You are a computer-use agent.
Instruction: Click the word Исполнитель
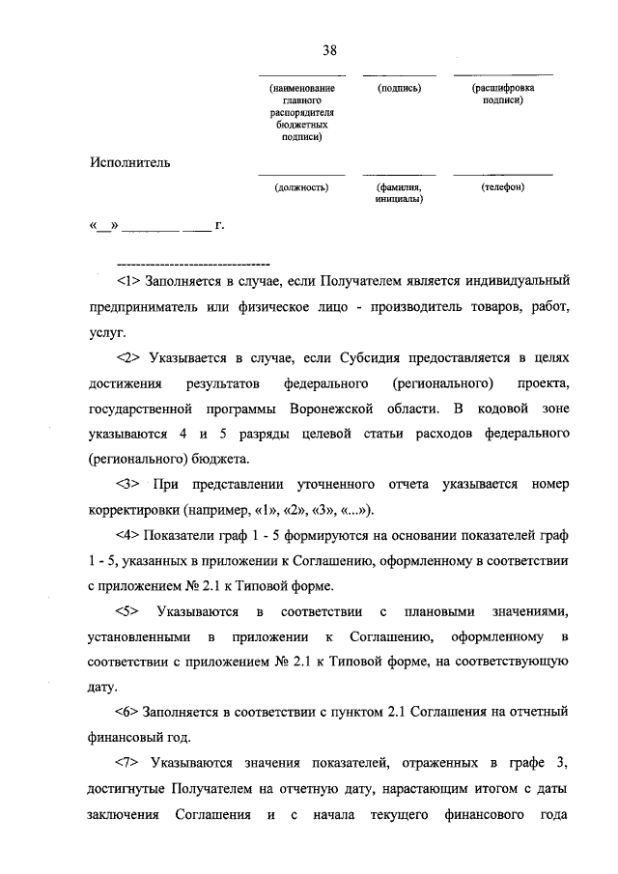[131, 161]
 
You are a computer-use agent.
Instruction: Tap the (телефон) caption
[502, 187]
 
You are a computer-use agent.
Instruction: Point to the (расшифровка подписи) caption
[503, 94]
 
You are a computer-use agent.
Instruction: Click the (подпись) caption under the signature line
[399, 88]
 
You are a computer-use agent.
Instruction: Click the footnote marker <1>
[127, 282]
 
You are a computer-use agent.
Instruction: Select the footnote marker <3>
[127, 483]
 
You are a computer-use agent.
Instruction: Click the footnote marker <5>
[127, 611]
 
